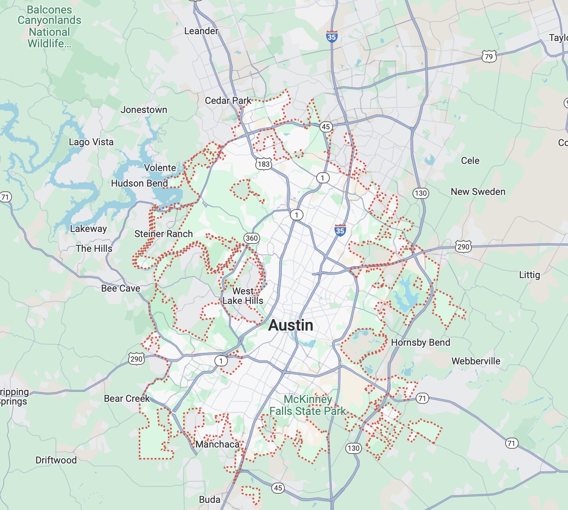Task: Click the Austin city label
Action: click(x=291, y=325)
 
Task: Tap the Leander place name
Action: click(x=201, y=31)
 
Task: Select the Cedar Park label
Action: click(x=228, y=101)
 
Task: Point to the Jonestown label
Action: click(x=144, y=110)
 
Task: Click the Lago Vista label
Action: click(x=91, y=142)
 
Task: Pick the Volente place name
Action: click(x=160, y=168)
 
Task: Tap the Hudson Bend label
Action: click(x=140, y=183)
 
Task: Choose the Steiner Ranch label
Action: click(x=163, y=234)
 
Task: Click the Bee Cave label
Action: click(x=121, y=288)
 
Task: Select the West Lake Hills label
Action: click(x=243, y=296)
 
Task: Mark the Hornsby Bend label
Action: click(x=420, y=343)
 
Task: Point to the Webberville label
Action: click(x=476, y=361)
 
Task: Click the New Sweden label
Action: click(x=478, y=192)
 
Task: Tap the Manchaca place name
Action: click(x=217, y=444)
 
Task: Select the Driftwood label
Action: click(x=56, y=460)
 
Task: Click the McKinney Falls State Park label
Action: click(x=308, y=405)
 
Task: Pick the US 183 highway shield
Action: click(x=263, y=164)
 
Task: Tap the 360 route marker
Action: click(x=252, y=238)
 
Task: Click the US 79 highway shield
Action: click(x=489, y=56)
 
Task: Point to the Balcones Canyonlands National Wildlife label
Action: click(x=49, y=27)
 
